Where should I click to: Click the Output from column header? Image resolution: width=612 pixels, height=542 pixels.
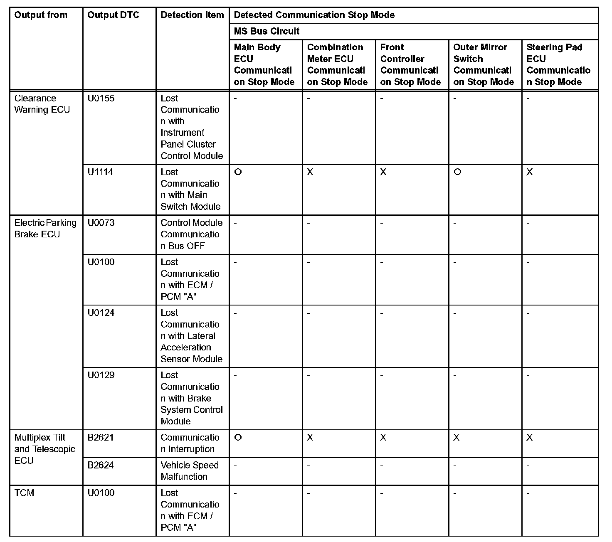(x=41, y=15)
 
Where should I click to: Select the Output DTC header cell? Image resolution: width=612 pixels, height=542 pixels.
(x=113, y=15)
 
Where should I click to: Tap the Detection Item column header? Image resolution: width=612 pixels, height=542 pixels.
(x=192, y=15)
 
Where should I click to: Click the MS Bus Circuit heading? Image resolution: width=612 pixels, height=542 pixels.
(x=267, y=31)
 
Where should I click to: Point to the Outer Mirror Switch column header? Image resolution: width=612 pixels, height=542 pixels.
(x=484, y=64)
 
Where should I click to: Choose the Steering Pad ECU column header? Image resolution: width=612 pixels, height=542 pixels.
(x=558, y=64)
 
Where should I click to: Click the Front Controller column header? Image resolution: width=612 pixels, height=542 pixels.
(x=410, y=64)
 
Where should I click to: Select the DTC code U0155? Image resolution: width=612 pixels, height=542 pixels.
(x=101, y=99)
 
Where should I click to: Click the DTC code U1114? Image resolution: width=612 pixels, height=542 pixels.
(x=100, y=172)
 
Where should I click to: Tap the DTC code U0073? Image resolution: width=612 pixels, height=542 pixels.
(x=101, y=223)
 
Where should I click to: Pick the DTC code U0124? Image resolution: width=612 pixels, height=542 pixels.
(x=101, y=313)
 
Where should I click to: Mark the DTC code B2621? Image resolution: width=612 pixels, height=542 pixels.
(x=101, y=438)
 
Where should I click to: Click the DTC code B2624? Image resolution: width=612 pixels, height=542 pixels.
(x=101, y=466)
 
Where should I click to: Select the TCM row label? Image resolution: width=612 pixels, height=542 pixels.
(x=24, y=493)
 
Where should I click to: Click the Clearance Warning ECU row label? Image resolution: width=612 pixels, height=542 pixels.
(x=42, y=104)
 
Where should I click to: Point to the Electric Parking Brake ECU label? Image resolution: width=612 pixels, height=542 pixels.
(x=45, y=229)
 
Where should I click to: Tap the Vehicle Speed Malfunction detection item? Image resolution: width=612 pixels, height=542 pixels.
(x=189, y=471)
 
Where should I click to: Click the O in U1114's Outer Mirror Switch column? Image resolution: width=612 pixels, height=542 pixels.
(x=457, y=172)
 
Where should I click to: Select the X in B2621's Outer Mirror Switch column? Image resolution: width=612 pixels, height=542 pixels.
(x=457, y=438)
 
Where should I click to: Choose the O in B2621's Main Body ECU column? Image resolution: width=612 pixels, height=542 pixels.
(x=238, y=438)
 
